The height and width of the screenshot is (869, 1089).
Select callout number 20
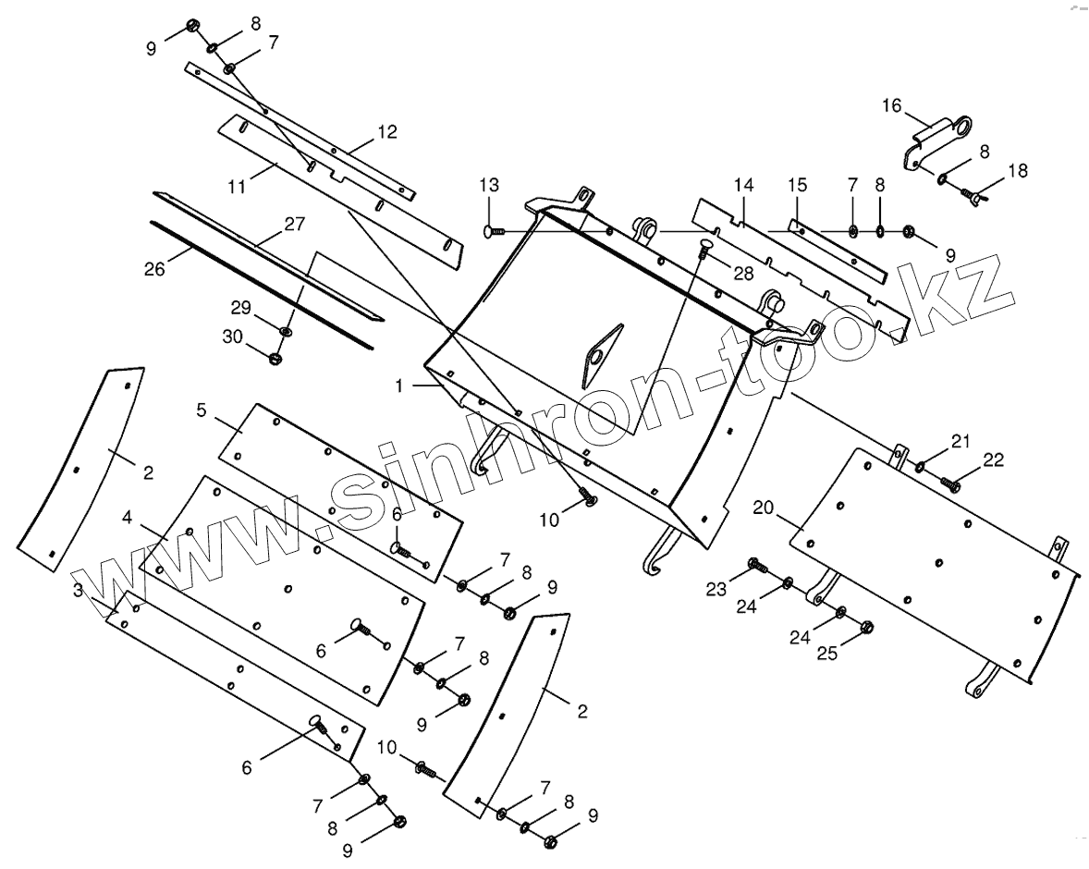click(763, 507)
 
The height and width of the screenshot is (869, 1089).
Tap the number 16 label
click(891, 105)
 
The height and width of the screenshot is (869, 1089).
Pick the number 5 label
click(202, 409)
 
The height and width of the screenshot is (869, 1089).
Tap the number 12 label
click(386, 132)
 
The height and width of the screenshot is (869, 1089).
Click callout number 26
click(154, 269)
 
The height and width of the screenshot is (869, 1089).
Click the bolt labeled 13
click(492, 230)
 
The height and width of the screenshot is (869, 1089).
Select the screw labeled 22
click(949, 481)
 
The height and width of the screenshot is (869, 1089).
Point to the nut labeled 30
click(275, 357)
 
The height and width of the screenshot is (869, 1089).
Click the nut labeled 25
click(865, 627)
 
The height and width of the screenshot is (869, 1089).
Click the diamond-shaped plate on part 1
click(600, 352)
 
